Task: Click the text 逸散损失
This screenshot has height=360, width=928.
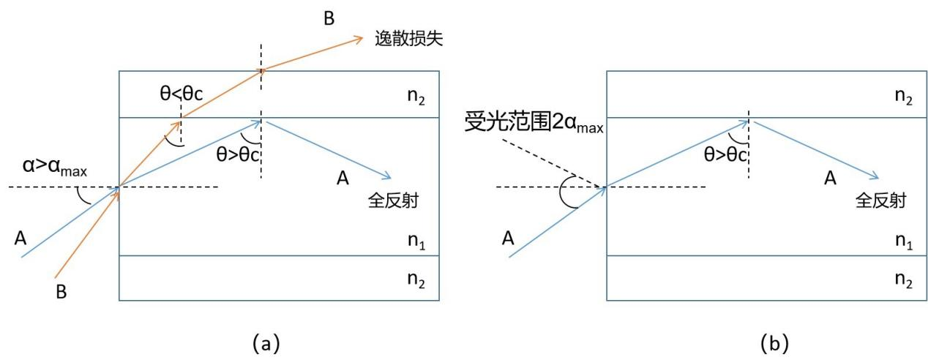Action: [x=409, y=39]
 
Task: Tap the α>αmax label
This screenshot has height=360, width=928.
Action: [x=55, y=166]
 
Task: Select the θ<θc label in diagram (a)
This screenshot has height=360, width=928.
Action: [x=182, y=94]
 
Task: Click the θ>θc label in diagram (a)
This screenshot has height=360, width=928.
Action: [x=238, y=154]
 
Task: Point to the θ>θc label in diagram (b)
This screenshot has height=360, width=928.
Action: [x=725, y=154]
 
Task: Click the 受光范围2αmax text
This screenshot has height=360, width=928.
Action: [x=534, y=122]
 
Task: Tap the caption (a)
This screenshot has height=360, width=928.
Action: [x=266, y=343]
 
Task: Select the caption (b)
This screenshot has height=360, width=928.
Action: [x=774, y=343]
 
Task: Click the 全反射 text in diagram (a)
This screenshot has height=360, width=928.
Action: [x=393, y=201]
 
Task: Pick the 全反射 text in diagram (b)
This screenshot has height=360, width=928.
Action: [x=880, y=201]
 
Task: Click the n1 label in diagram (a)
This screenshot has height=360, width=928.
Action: [x=416, y=241]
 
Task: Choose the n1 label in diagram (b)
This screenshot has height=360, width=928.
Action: [x=904, y=241]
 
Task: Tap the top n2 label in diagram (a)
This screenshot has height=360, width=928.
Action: [x=416, y=97]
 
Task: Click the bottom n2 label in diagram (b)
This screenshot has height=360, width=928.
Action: [x=904, y=280]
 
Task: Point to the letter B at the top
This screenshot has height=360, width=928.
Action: [x=329, y=18]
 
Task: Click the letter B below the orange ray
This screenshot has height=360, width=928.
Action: [x=61, y=292]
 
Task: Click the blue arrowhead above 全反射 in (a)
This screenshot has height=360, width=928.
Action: [x=386, y=176]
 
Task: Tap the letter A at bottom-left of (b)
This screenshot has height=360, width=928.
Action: [x=508, y=239]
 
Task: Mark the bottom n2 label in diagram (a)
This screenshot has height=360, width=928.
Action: [x=416, y=280]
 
